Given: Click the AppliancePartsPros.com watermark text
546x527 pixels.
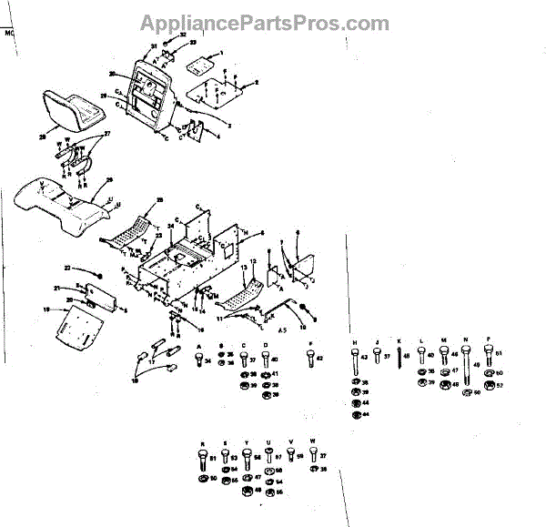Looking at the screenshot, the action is [265, 24].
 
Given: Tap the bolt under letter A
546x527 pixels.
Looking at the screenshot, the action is [199, 362].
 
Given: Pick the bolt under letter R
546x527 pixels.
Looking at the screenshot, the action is [200, 458].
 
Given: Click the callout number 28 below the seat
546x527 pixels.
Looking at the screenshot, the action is [42, 137].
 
